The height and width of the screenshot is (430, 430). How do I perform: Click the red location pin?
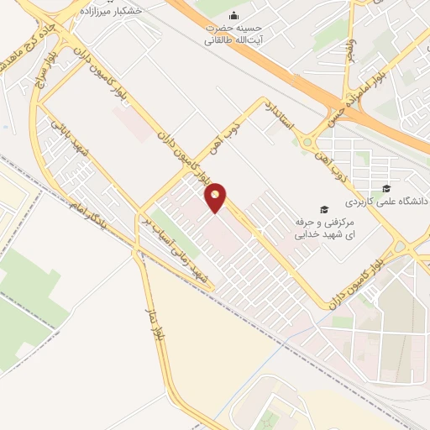[217, 197]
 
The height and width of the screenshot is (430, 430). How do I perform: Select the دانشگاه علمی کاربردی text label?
[388, 202]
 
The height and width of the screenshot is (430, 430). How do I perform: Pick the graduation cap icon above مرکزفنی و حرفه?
[324, 209]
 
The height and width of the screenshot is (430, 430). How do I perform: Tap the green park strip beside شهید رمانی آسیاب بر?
[176, 236]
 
